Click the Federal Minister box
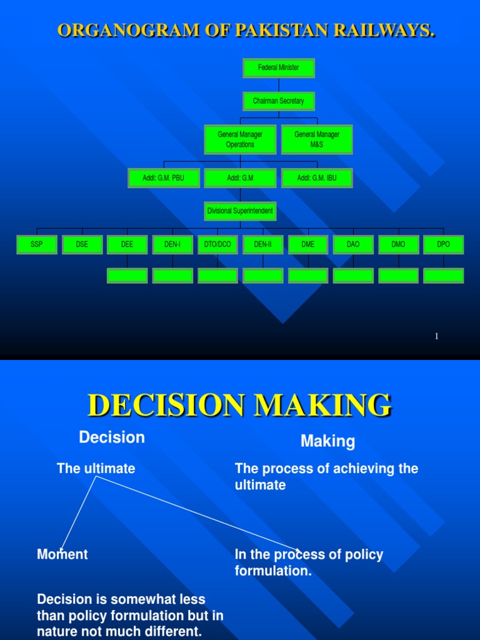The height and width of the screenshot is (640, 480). (x=279, y=67)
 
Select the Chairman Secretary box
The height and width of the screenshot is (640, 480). (x=279, y=101)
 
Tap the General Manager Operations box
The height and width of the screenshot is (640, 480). (x=240, y=139)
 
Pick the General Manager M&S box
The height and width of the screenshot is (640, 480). (x=317, y=139)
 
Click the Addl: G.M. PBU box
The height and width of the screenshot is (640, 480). (x=163, y=178)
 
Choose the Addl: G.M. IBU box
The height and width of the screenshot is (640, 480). (x=317, y=178)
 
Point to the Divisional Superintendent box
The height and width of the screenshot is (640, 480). (x=240, y=211)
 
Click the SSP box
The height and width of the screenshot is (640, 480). (x=37, y=245)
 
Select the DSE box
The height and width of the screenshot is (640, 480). (x=82, y=245)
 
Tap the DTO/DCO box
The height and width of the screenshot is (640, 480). (x=217, y=245)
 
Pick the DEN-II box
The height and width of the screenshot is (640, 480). (x=262, y=245)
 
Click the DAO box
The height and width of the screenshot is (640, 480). (x=353, y=245)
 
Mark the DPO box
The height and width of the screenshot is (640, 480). (x=443, y=245)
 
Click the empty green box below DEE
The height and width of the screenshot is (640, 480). (x=127, y=276)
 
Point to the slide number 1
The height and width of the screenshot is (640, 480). (x=437, y=337)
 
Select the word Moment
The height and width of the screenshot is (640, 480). (x=62, y=554)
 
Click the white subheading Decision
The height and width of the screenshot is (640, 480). (x=112, y=437)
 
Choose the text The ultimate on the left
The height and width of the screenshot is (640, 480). (x=96, y=469)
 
